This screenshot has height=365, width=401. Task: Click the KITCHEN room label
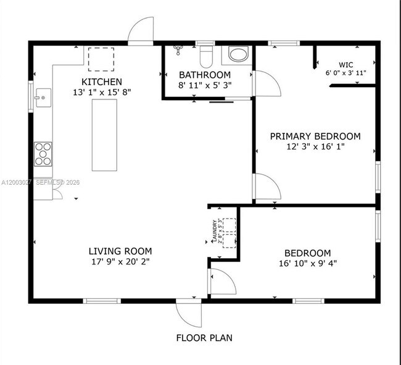click(102, 82)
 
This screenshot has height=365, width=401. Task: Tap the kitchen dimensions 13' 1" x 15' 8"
click(102, 92)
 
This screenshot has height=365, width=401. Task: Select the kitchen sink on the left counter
click(43, 97)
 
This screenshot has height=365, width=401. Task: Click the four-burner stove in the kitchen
click(43, 154)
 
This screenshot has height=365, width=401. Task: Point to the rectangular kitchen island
click(104, 135)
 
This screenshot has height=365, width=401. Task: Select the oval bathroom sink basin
click(238, 54)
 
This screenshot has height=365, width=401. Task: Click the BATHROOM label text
click(204, 75)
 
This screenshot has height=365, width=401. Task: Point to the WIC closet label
click(345, 65)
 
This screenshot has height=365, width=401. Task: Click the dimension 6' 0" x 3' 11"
click(345, 73)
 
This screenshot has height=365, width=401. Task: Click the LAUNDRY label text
click(214, 232)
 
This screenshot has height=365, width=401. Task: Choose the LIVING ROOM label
click(120, 251)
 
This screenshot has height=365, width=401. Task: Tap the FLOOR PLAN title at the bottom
click(204, 338)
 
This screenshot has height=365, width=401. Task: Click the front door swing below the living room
click(189, 314)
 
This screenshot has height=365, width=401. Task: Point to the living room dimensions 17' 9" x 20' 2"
click(120, 261)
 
